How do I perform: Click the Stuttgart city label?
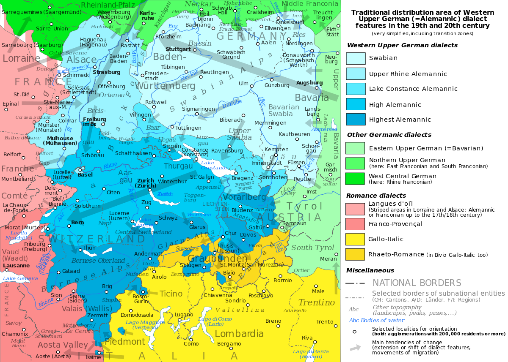(178, 49)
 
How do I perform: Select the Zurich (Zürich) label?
(146, 183)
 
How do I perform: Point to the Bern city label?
(77, 222)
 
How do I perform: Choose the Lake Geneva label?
(20, 278)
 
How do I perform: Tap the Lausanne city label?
(16, 266)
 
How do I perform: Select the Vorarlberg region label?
(244, 197)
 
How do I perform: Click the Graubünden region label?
(217, 259)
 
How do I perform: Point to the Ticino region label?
(171, 294)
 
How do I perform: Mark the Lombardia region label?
(239, 334)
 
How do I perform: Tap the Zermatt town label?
(98, 315)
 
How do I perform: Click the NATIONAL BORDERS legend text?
(417, 283)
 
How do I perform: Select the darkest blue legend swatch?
(356, 120)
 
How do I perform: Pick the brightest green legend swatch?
(355, 179)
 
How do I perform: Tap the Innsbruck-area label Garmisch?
(331, 167)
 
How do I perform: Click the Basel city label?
(85, 174)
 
